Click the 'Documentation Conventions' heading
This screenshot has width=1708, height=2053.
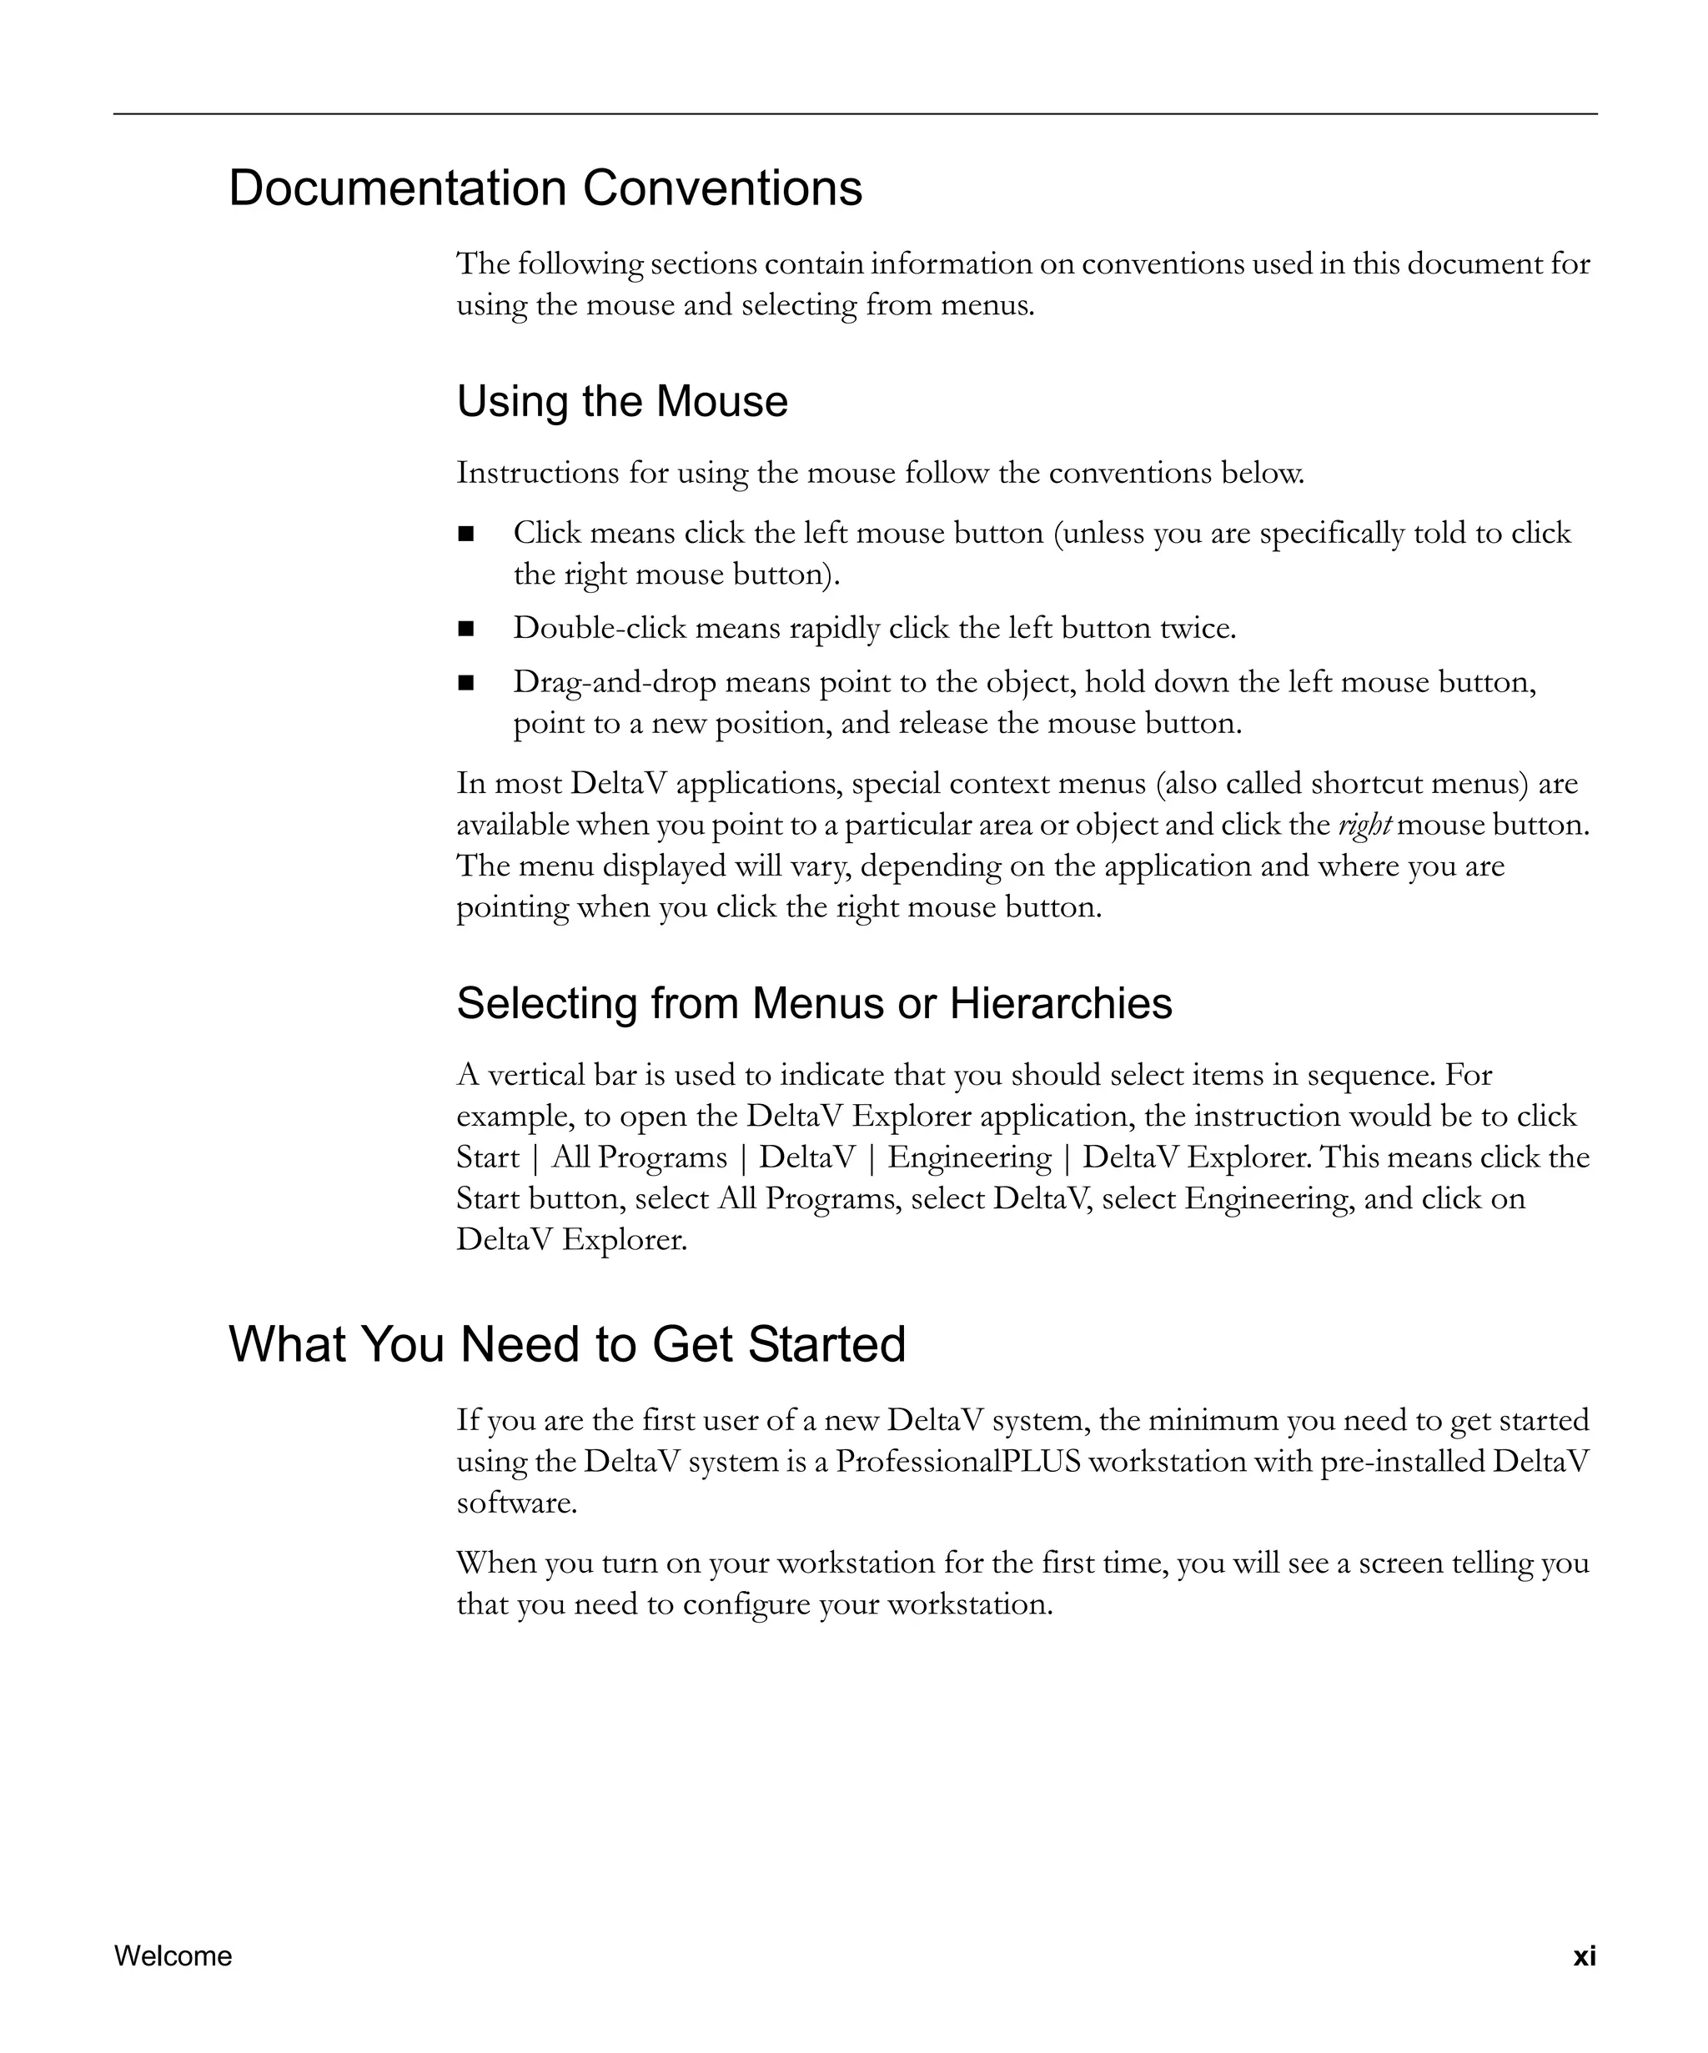click(x=545, y=188)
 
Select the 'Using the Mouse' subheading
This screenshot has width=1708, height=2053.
click(x=622, y=402)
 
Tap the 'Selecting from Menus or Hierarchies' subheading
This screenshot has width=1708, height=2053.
click(x=813, y=1003)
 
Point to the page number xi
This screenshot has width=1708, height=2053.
click(x=1584, y=1956)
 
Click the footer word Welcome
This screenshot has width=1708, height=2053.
click(x=173, y=1956)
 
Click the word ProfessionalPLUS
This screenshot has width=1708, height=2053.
click(x=958, y=1462)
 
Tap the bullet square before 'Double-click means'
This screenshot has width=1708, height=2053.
click(x=465, y=629)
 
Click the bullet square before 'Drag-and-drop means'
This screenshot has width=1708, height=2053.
click(x=465, y=682)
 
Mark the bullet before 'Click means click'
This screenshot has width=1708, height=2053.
click(x=465, y=534)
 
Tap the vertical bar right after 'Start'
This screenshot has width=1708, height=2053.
click(x=535, y=1158)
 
